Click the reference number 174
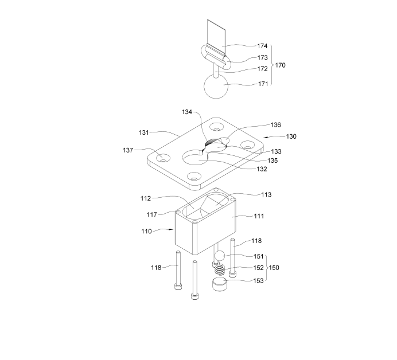click(x=262, y=46)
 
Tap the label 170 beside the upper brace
click(x=281, y=65)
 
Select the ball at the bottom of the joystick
click(x=216, y=86)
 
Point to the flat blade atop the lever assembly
click(x=216, y=37)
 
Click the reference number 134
click(x=187, y=112)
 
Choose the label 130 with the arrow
click(x=291, y=136)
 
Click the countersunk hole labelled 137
click(x=163, y=159)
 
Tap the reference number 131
click(x=144, y=132)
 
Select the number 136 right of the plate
click(x=276, y=125)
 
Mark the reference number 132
click(x=262, y=169)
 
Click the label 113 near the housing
click(x=266, y=194)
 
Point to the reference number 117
click(x=151, y=214)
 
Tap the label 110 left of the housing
click(x=146, y=231)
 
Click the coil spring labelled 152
click(x=220, y=269)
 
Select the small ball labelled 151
click(x=220, y=257)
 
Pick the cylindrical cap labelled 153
click(x=220, y=284)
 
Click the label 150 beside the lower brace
click(x=274, y=268)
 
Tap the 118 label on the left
click(x=156, y=267)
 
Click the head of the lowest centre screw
click(x=194, y=296)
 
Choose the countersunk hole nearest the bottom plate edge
click(x=194, y=176)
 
